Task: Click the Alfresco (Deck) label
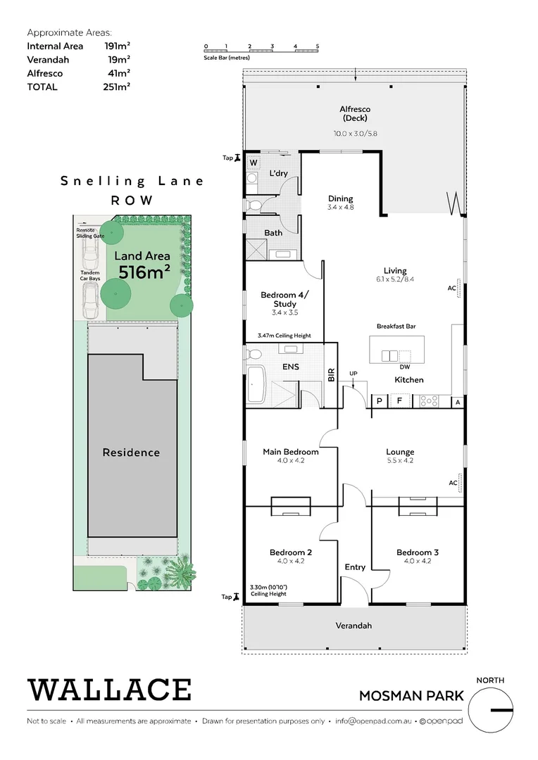(x=355, y=113)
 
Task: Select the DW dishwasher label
(x=404, y=367)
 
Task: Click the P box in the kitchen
(x=380, y=401)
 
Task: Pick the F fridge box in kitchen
(x=400, y=401)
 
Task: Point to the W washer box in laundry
(x=253, y=163)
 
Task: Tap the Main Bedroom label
(x=290, y=452)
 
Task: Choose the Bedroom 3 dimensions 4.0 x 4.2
(x=418, y=561)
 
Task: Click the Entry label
(x=355, y=567)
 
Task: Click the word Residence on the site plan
(x=131, y=452)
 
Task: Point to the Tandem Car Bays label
(x=89, y=276)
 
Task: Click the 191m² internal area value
(x=115, y=46)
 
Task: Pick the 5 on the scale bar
(x=318, y=46)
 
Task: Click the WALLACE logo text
(x=109, y=690)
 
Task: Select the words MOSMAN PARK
(x=411, y=696)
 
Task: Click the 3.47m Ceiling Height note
(x=284, y=336)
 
